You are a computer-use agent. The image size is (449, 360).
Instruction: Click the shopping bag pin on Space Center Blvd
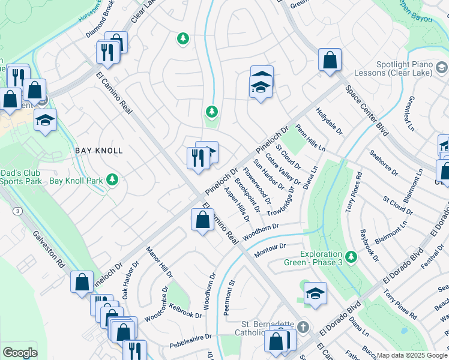click(330, 60)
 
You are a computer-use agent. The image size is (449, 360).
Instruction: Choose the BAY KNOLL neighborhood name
click(98, 151)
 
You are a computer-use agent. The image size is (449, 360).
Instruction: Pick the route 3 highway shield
click(19, 211)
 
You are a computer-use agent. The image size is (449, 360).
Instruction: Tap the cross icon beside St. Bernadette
click(303, 328)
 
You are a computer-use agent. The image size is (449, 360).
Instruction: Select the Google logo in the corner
click(20, 353)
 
